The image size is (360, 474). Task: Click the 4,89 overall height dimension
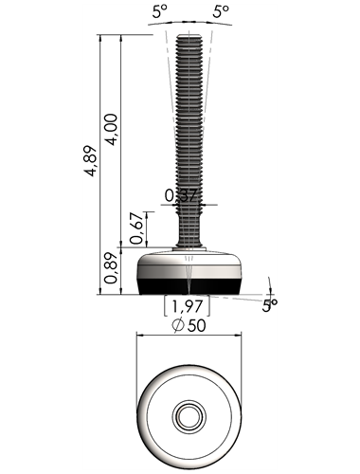(x=91, y=160)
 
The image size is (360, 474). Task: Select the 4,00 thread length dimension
(x=112, y=129)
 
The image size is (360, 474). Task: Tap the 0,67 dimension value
(x=136, y=228)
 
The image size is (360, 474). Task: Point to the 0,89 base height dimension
(x=112, y=268)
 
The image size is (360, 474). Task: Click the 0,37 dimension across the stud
(x=181, y=195)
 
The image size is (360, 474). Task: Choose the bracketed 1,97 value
(x=187, y=306)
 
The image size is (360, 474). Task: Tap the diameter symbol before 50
(x=178, y=326)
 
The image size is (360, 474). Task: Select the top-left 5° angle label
(x=159, y=12)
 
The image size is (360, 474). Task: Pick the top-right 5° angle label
(x=220, y=12)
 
